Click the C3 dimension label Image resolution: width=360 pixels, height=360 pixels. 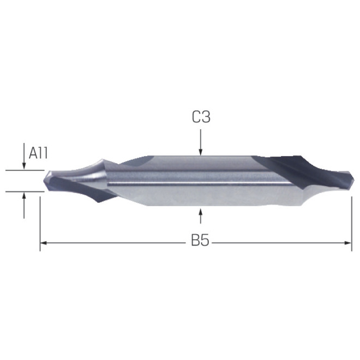pyautogui.click(x=201, y=117)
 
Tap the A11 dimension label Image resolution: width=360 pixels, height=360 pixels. pyautogui.click(x=38, y=153)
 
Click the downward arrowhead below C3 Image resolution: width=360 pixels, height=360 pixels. pyautogui.click(x=201, y=152)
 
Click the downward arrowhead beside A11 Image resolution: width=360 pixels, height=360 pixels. pyautogui.click(x=24, y=166)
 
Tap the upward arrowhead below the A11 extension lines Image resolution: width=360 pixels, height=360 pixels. pyautogui.click(x=24, y=195)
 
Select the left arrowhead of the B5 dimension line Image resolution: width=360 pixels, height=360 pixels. pyautogui.click(x=44, y=243)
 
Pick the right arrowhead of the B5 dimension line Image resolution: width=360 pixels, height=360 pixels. pyautogui.click(x=348, y=243)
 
